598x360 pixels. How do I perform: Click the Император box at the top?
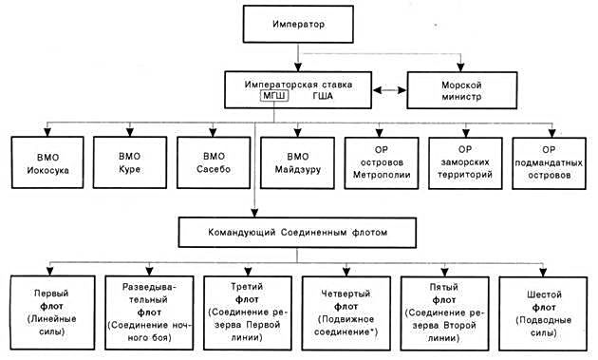click(299, 23)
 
